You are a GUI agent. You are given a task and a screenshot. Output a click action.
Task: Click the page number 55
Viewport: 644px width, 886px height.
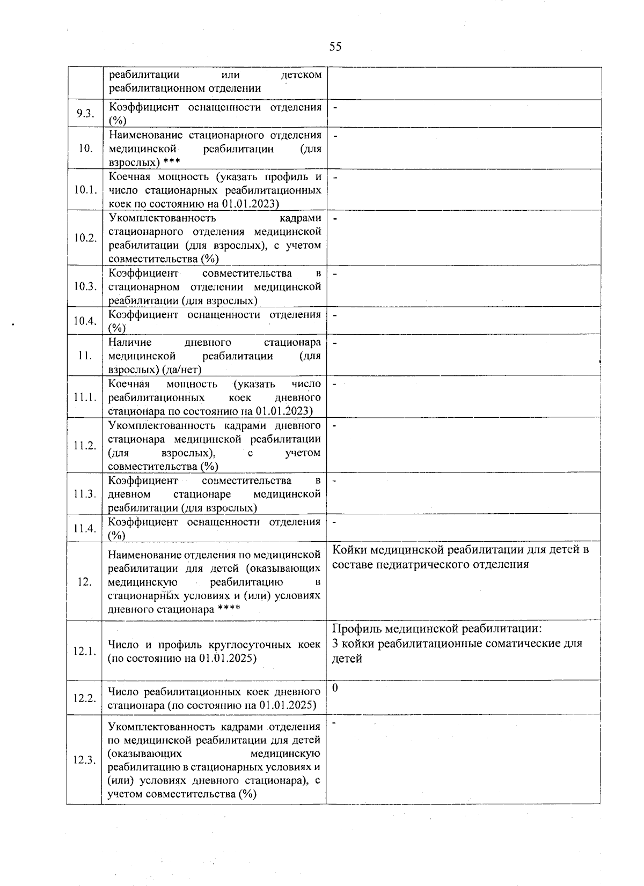(x=335, y=47)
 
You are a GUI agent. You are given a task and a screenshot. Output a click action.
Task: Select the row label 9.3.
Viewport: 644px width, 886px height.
(x=85, y=114)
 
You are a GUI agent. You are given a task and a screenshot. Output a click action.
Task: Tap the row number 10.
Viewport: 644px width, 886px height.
(x=85, y=149)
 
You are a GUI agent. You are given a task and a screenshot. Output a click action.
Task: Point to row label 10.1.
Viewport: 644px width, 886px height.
(x=85, y=190)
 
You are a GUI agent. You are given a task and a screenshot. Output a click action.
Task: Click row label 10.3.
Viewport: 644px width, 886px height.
(x=85, y=286)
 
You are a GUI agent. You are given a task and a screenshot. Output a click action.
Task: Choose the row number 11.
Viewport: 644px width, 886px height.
(x=85, y=356)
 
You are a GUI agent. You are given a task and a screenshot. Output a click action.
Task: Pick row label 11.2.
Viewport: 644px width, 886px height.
(x=85, y=446)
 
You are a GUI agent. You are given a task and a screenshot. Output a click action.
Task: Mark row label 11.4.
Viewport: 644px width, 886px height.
(x=85, y=528)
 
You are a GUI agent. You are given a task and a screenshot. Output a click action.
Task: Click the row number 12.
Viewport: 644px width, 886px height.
(x=85, y=582)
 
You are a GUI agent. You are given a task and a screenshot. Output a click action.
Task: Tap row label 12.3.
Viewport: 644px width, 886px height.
(x=85, y=760)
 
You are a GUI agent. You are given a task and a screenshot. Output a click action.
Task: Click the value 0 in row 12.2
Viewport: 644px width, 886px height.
(x=335, y=688)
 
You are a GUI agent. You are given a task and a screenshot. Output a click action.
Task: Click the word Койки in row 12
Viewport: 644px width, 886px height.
(x=349, y=550)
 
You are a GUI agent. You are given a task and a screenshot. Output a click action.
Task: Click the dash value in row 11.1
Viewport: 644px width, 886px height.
(x=335, y=384)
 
